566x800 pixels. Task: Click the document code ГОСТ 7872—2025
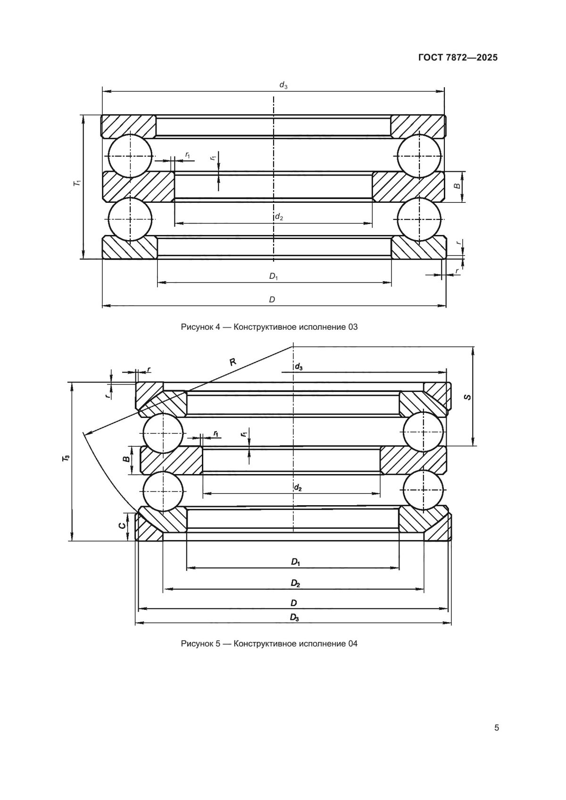458,58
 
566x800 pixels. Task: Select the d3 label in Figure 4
283,85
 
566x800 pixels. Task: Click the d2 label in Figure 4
279,217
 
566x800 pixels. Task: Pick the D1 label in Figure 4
274,276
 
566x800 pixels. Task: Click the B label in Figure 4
457,187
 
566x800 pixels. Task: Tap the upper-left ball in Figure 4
130,155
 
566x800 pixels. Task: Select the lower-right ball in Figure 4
419,219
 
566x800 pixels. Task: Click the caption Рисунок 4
269,326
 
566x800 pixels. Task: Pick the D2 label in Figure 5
295,583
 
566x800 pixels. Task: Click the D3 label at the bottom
294,617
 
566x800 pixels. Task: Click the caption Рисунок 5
269,643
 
